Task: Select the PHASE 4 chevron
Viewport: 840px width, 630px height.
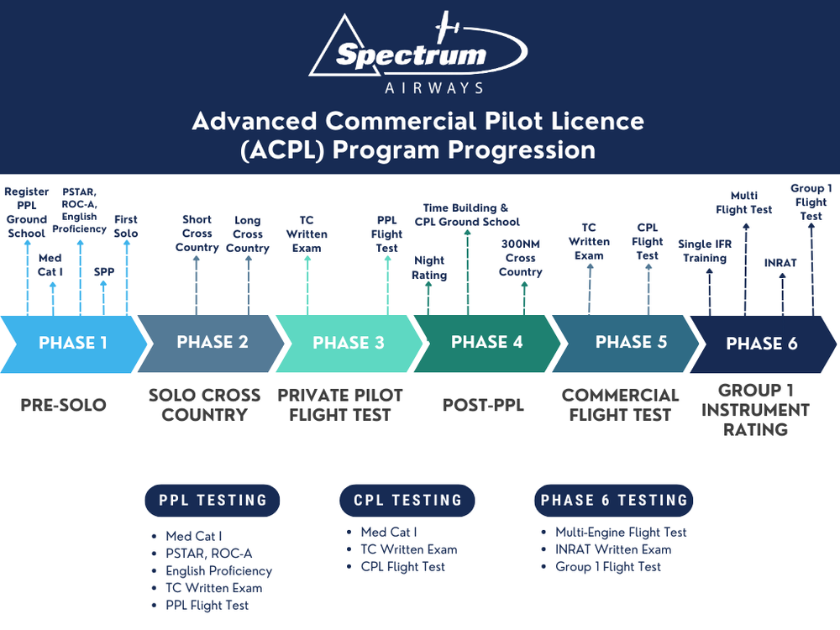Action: (x=487, y=343)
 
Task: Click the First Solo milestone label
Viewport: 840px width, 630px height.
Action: (x=126, y=227)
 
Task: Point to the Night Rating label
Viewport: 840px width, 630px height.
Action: (x=429, y=268)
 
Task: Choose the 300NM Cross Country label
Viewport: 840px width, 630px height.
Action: (x=521, y=259)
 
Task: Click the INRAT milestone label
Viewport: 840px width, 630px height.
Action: (x=780, y=263)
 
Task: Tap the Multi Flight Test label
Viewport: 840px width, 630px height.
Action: (x=743, y=202)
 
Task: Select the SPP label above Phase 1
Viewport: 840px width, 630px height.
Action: (x=104, y=272)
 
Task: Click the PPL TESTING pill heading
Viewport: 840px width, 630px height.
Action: (x=213, y=501)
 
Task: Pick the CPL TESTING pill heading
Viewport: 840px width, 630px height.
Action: (x=407, y=501)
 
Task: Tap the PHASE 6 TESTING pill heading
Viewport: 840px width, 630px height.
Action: (x=614, y=501)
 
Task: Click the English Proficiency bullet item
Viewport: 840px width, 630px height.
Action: (x=218, y=570)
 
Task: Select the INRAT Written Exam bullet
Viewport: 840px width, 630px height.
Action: (x=613, y=549)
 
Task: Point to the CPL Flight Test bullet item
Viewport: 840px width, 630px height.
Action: (x=402, y=567)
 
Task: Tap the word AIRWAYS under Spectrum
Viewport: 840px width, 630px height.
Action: (x=433, y=87)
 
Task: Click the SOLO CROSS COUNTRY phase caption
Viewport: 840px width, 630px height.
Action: (x=204, y=405)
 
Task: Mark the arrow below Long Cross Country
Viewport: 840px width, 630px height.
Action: (x=248, y=286)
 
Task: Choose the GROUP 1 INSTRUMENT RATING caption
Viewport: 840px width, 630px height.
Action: (x=755, y=410)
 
